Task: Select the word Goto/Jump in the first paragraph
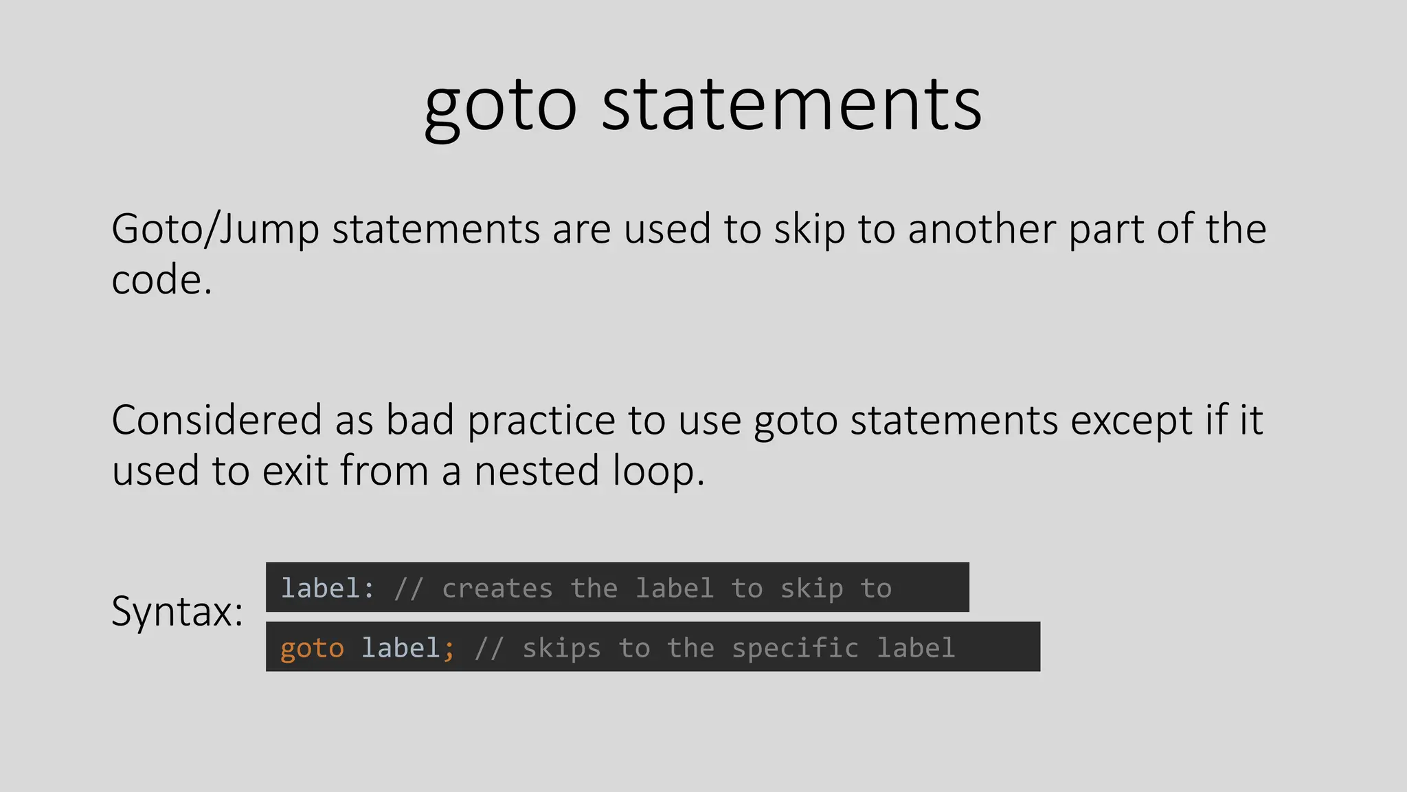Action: point(215,230)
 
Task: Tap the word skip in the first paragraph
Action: point(809,230)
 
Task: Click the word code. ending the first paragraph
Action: point(161,280)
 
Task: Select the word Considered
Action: point(216,420)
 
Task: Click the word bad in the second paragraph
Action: point(420,420)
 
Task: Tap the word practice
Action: point(541,421)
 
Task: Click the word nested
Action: point(537,471)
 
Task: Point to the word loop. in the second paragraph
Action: point(658,472)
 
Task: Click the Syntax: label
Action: point(177,611)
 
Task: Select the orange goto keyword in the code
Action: point(312,648)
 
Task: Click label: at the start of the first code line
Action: point(328,588)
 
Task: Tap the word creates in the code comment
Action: point(497,588)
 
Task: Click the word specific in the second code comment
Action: point(795,648)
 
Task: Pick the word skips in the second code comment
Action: point(561,648)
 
